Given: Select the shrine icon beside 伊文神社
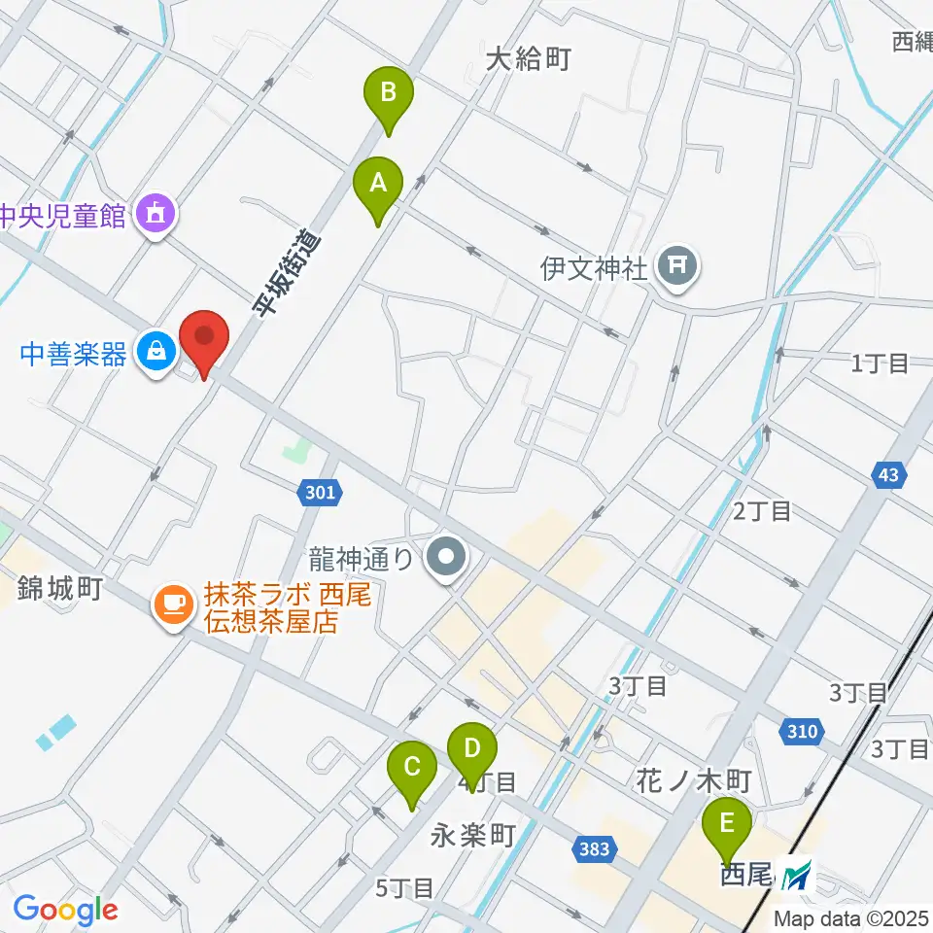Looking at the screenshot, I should click(677, 265).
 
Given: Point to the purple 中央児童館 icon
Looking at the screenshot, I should click(155, 209).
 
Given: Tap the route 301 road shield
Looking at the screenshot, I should click(320, 493).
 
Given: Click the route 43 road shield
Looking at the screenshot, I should click(887, 475).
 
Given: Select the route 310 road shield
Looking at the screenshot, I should click(799, 729).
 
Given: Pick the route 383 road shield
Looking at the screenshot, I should click(593, 849).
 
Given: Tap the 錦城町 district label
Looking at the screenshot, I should click(60, 588).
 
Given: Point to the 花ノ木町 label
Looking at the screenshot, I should click(695, 779).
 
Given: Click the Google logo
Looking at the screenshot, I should click(65, 910).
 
